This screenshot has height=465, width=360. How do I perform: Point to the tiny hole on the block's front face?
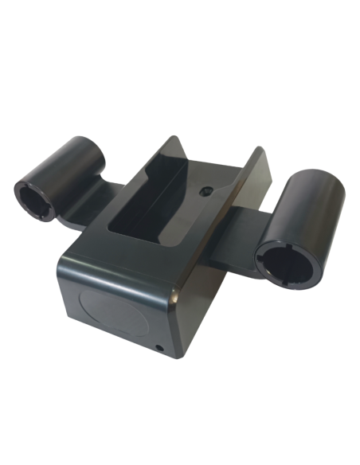[x=161, y=347]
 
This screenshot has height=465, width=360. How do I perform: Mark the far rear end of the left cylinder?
[x=100, y=147]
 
